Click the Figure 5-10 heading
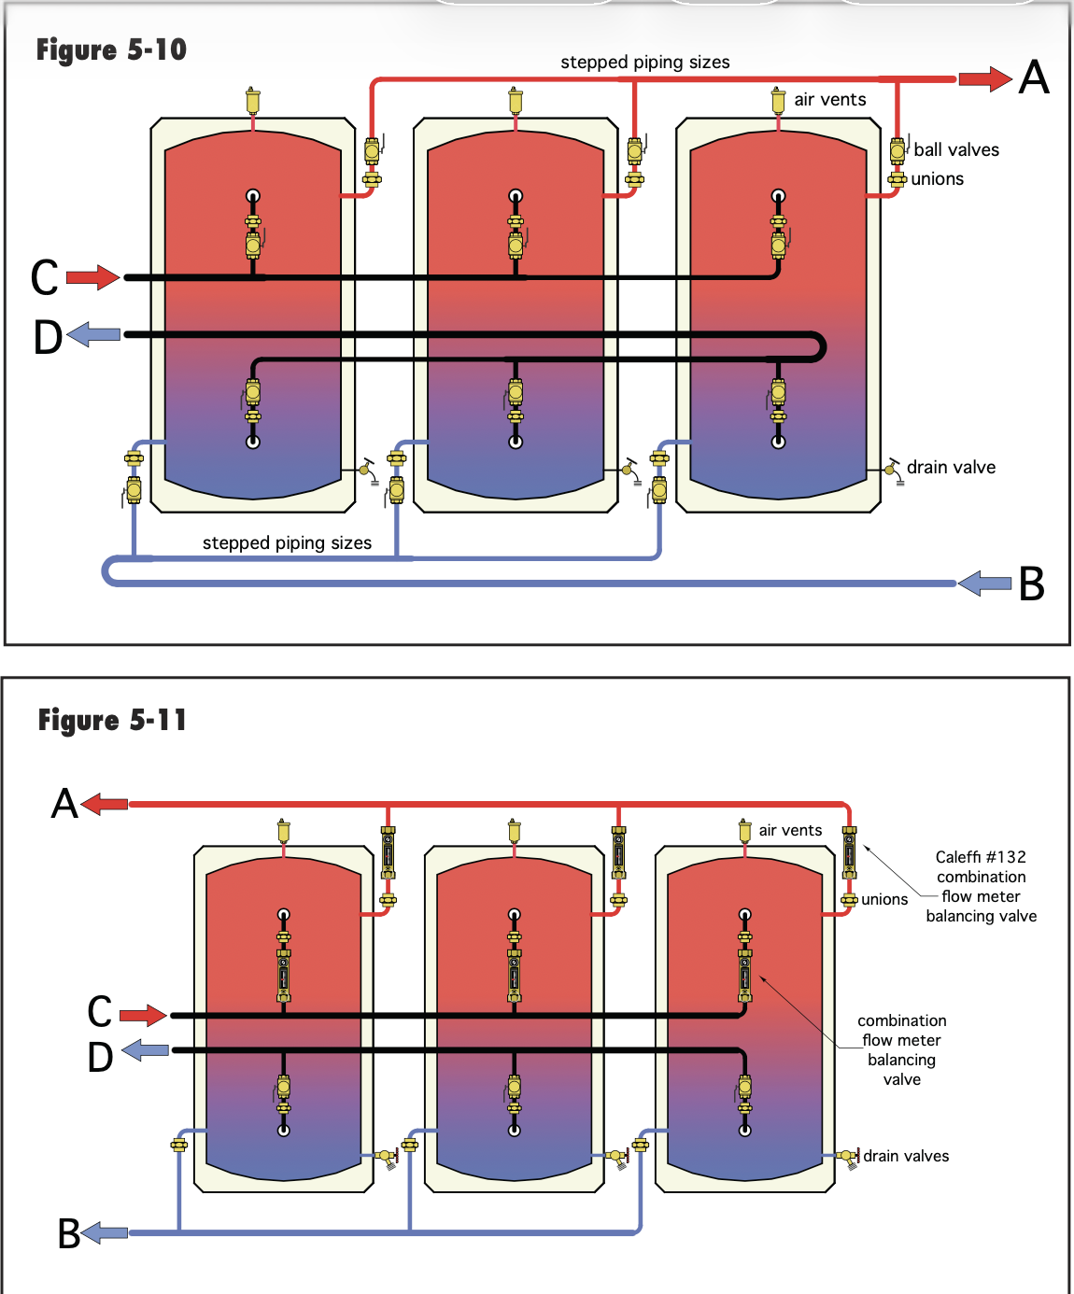tap(111, 49)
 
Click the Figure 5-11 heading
tap(112, 720)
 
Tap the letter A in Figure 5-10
tap(1035, 77)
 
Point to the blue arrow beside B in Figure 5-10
tap(984, 584)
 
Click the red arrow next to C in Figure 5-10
tap(93, 277)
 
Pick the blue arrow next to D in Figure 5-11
tap(145, 1049)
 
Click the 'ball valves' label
tap(956, 150)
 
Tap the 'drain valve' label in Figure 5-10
tap(951, 467)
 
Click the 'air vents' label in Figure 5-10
tap(829, 100)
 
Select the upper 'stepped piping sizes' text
tap(645, 63)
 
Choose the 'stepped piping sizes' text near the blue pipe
tap(287, 543)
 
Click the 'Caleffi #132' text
tap(981, 857)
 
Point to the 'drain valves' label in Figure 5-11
tap(906, 1156)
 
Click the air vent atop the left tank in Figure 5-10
tap(252, 101)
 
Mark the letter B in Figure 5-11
tap(69, 1233)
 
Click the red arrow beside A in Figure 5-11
tap(105, 805)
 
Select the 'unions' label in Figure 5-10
tap(937, 179)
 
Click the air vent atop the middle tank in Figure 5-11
tap(514, 830)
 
